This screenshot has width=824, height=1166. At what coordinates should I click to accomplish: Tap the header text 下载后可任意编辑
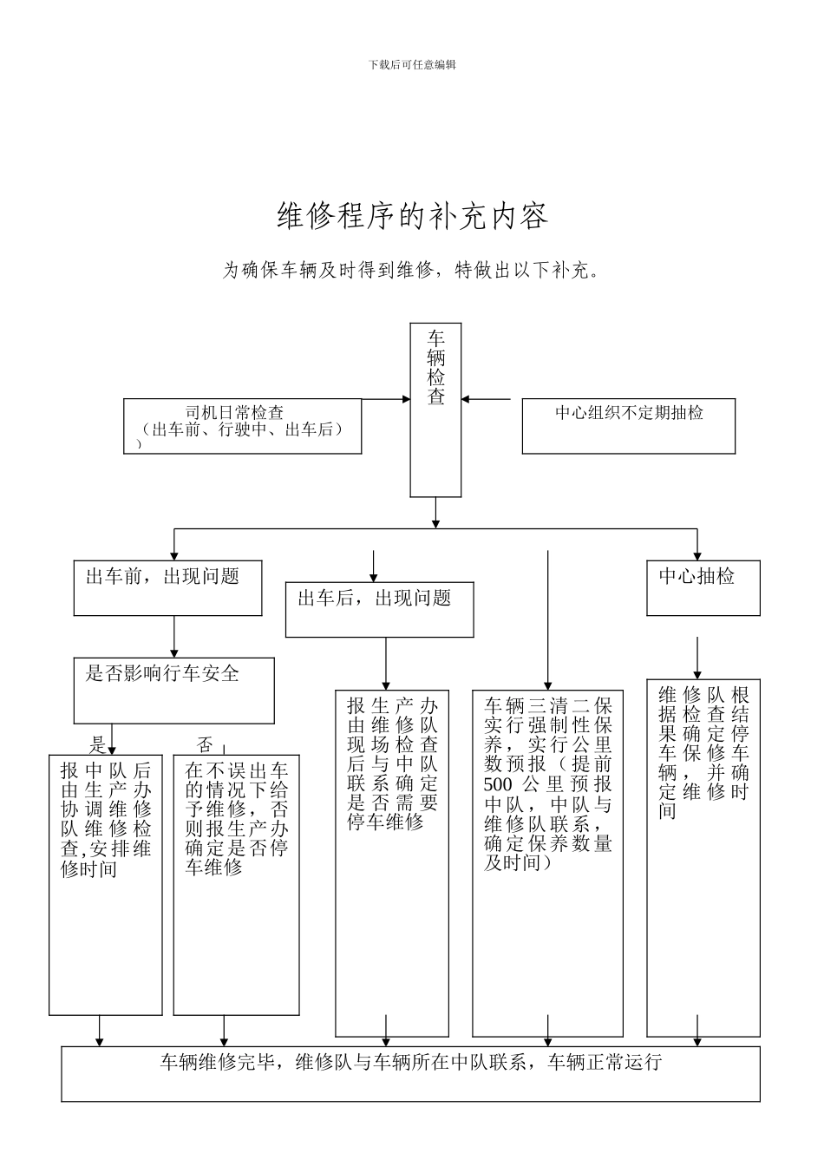pos(412,64)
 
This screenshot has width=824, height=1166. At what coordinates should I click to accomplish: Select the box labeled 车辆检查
pos(435,409)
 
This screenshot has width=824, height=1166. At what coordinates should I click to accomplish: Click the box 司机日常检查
pos(242,425)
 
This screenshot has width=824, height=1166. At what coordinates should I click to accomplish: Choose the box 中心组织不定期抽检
pos(628,425)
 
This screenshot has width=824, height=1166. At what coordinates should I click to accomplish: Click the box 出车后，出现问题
pos(379,608)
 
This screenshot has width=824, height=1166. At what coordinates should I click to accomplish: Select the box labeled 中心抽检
pos(703,587)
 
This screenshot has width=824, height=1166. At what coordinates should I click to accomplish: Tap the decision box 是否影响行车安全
pos(173,690)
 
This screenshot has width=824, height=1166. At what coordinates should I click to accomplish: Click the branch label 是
pos(99,744)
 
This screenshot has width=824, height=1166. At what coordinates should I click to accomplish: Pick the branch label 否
pos(204,744)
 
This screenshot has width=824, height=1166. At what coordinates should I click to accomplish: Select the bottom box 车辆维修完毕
pos(410,1073)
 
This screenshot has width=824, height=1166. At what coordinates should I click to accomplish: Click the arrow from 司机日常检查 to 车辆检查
pos(385,399)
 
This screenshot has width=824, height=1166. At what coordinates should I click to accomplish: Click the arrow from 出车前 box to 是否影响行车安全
pos(174,637)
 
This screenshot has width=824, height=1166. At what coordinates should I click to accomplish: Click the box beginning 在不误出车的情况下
pos(236,884)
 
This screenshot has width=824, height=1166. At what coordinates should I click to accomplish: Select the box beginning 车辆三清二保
pos(547,862)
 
